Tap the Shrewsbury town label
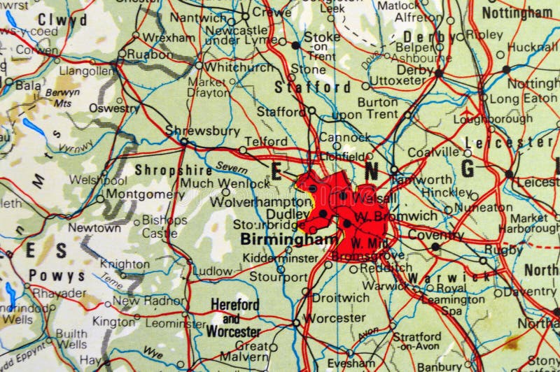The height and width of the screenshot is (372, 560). pos(192,129)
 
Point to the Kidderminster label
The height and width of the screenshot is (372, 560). pos(279,258)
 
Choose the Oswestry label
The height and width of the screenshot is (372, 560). pos(118,108)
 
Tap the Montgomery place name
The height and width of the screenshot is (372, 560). pos(148,194)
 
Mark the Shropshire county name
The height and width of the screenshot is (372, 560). pos(164,169)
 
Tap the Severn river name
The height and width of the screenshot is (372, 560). pos(232,167)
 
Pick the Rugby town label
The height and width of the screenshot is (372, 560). pos(503,249)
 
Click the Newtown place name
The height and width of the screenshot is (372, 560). pos(94,227)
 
